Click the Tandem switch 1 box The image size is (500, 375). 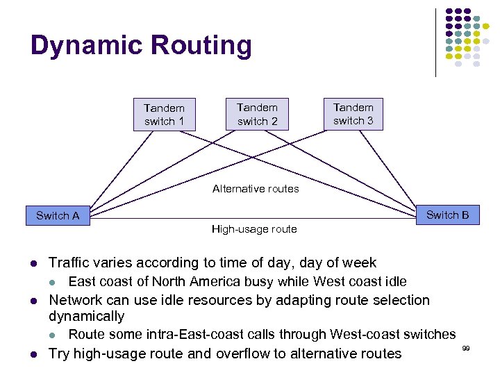pos(164,115)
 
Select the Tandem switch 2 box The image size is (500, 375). pos(257,114)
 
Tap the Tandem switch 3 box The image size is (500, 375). pos(353,114)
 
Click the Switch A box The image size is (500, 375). pos(58,216)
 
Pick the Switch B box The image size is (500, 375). pos(447,215)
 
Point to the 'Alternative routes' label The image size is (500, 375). pos(256,189)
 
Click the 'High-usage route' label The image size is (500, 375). pos(254,229)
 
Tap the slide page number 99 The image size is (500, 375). pos(466,347)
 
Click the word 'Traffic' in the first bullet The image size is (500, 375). pos(72,262)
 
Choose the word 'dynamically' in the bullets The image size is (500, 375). pos(86,316)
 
